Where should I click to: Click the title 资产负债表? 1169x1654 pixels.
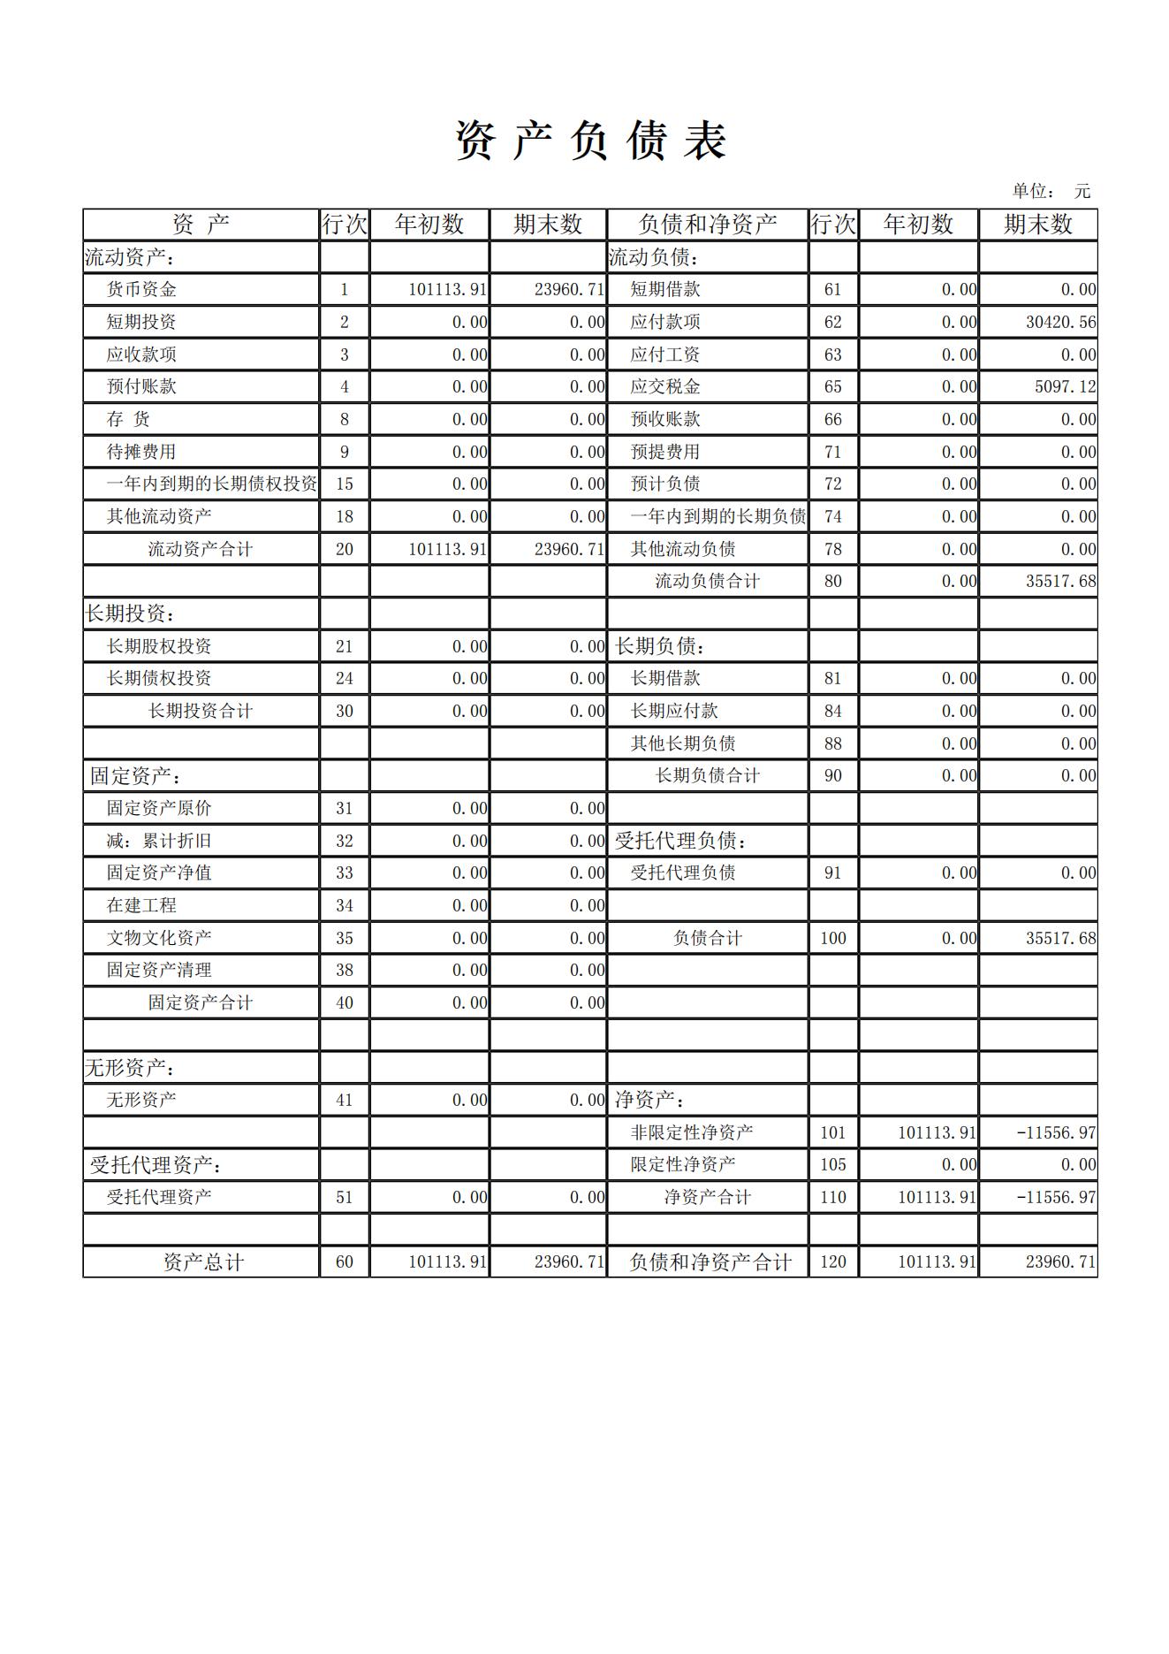pos(590,141)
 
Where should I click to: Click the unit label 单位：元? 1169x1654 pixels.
pos(1051,191)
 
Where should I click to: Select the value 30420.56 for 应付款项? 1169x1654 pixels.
pos(1059,322)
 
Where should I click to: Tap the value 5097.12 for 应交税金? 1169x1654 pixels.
pos(1065,386)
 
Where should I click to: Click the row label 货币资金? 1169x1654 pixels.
pos(141,289)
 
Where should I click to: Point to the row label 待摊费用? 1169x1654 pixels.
pos(141,452)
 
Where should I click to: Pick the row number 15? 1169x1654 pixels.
pos(344,484)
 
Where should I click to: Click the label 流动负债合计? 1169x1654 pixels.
pos(707,581)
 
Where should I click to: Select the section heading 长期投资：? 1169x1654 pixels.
pos(128,614)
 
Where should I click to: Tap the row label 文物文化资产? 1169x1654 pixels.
pos(159,938)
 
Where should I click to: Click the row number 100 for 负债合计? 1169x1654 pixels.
pos(832,938)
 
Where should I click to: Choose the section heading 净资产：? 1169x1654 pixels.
pos(649,1100)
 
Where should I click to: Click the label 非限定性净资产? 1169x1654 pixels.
pos(691,1132)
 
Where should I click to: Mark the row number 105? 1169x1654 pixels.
pos(832,1164)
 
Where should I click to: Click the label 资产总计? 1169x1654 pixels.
pos(203,1262)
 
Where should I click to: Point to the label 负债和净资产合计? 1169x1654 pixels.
pos(710,1262)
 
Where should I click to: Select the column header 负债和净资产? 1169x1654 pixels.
pos(707,225)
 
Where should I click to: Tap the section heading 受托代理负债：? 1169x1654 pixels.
pos(680,841)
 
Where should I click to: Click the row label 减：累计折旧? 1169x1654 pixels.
pos(159,841)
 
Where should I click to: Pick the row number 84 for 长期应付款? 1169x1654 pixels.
pos(832,711)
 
